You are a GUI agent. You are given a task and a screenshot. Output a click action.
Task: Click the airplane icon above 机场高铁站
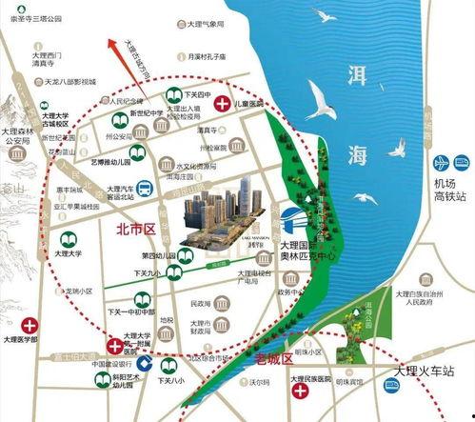coord(441,163)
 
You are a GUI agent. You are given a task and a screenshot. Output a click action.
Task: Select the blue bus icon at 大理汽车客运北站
coord(143,188)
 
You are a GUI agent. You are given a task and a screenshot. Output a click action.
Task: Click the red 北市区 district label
coord(134,229)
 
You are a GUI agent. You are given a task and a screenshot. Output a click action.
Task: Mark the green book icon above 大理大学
coord(69,240)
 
